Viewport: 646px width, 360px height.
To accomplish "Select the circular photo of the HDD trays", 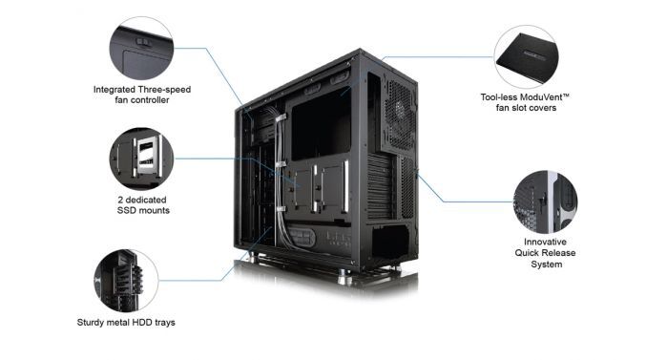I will tap(125, 281).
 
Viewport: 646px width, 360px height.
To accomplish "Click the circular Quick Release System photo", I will tap(547, 201).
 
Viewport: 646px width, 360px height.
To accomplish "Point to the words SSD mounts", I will tap(140, 210).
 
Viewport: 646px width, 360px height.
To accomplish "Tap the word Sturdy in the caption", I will tap(93, 322).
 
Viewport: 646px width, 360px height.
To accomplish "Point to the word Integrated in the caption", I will tap(114, 89).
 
